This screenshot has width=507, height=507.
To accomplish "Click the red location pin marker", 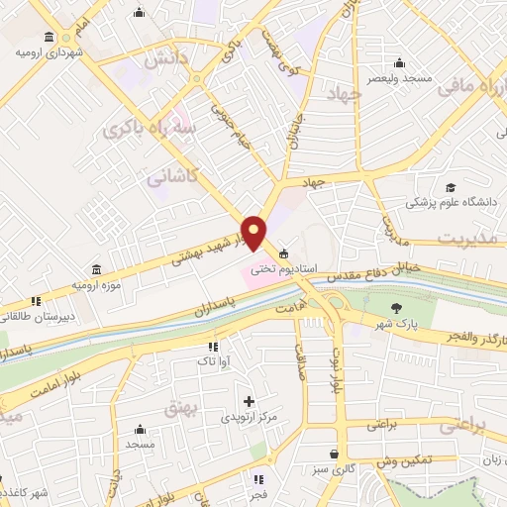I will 254,233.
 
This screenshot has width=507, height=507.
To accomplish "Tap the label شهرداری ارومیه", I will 48,51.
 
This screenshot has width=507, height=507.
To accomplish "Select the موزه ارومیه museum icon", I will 95,270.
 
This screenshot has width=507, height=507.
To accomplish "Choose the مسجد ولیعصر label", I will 396,77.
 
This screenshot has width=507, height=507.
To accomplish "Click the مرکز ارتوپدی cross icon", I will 249,402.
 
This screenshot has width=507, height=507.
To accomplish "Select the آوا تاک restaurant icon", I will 213,347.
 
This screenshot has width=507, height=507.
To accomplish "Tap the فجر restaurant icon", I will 260,477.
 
